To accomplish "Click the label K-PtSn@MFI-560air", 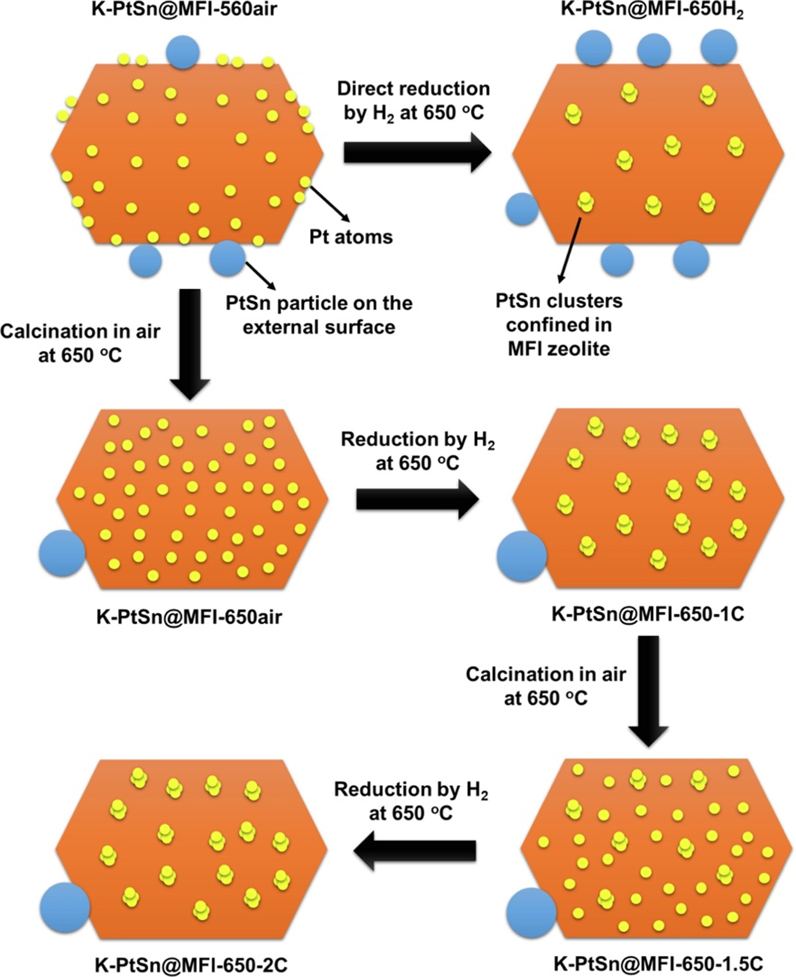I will coord(184,9).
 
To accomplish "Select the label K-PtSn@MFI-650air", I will coord(189,617).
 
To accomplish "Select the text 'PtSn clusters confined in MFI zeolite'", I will coord(559,325).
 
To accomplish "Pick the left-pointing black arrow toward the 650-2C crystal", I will coord(415,850).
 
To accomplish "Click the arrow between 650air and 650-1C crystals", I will coord(417,499).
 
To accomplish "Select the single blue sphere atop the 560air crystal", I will coord(183,52).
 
